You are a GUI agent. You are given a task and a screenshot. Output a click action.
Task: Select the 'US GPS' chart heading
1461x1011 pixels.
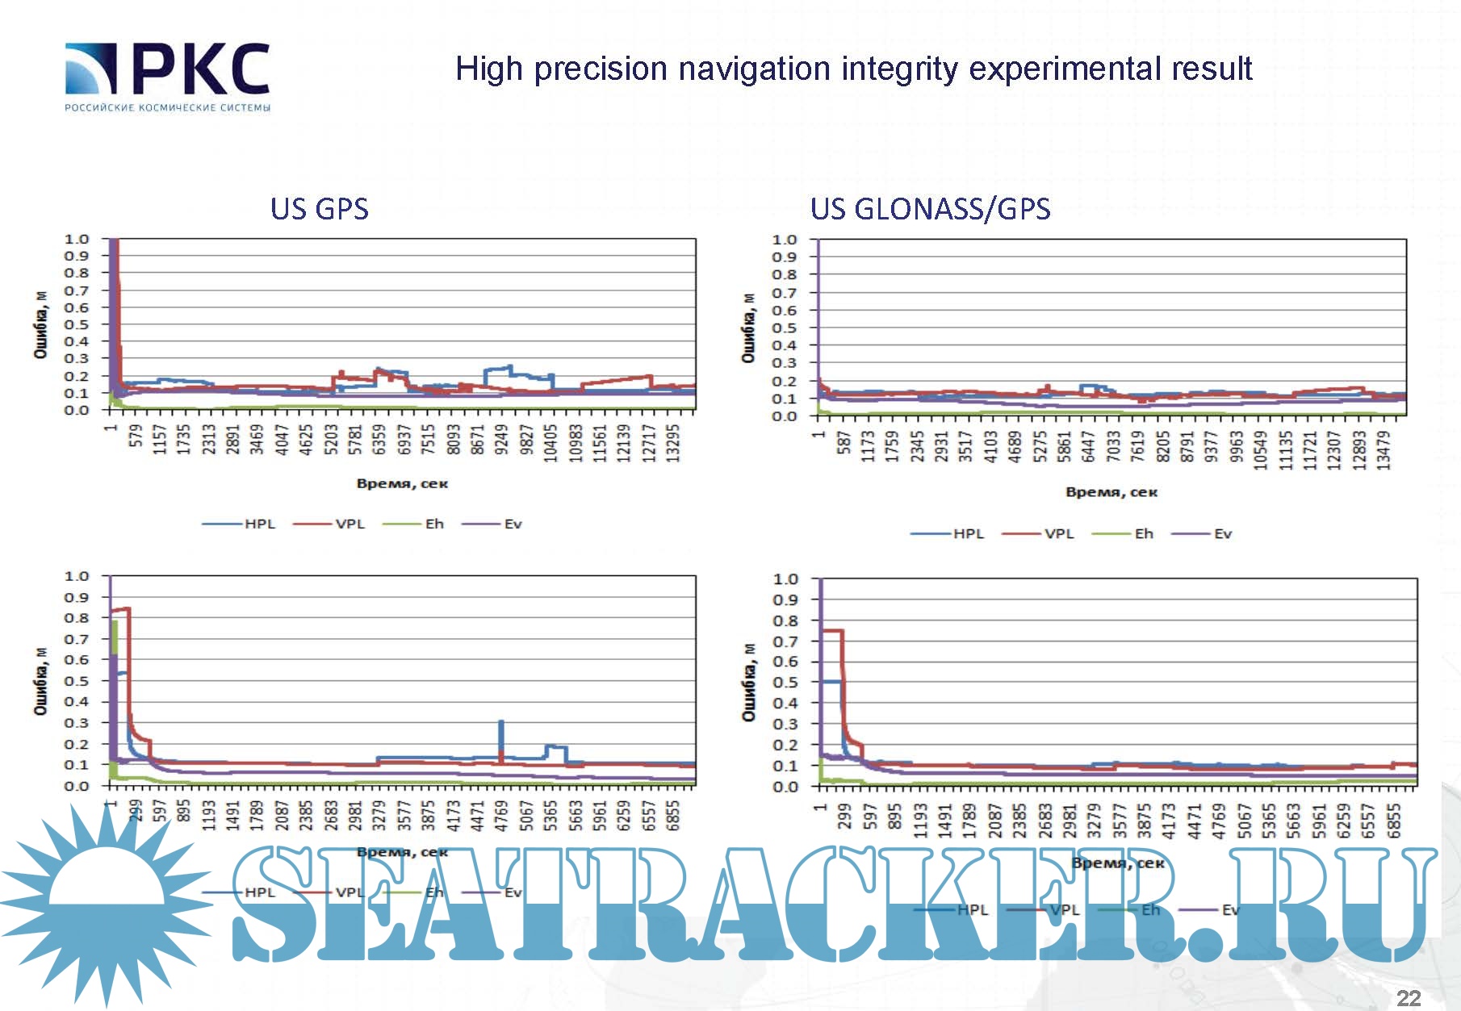(320, 209)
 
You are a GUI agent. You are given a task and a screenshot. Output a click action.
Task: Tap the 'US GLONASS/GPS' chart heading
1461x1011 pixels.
(930, 209)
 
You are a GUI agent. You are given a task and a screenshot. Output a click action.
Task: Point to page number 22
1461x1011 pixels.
(1409, 997)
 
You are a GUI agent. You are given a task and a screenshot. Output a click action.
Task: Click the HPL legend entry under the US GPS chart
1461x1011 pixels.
(259, 524)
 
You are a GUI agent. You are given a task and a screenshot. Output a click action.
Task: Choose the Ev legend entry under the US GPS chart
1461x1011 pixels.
(513, 524)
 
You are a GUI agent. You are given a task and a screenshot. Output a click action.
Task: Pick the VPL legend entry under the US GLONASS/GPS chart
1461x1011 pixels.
(1058, 533)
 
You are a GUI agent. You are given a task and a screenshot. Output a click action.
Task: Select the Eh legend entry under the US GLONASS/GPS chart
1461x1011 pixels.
(1144, 533)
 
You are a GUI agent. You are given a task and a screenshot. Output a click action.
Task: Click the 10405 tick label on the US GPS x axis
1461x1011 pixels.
(550, 443)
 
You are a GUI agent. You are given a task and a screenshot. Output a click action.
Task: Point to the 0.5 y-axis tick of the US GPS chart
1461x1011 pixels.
(77, 324)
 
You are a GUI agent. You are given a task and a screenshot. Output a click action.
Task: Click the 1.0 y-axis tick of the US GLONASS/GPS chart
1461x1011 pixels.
(784, 240)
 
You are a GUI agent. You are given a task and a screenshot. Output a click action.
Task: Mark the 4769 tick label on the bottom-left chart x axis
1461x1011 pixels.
(501, 815)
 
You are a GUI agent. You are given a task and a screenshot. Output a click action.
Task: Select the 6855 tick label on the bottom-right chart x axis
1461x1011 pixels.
(1394, 820)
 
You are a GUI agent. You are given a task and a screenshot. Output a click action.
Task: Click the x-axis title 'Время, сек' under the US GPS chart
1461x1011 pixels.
(402, 483)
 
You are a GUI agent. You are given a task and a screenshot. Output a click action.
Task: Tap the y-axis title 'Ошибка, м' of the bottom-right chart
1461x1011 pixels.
(749, 683)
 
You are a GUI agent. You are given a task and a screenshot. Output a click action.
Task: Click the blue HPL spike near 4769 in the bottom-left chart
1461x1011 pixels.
(501, 734)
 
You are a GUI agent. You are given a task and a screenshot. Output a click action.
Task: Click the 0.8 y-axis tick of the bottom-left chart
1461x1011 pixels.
(77, 618)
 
